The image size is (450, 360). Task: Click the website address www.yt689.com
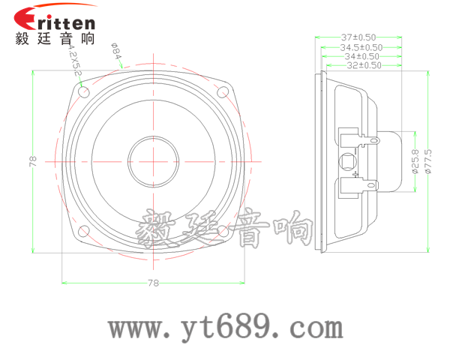(225, 328)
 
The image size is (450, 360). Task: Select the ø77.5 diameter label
(427, 161)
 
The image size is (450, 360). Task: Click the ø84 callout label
(116, 54)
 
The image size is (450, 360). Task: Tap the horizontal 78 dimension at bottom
(153, 283)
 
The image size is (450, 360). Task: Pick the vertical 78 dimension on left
(32, 161)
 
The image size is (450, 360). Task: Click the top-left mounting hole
(83, 92)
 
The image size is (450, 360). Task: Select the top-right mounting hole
(223, 92)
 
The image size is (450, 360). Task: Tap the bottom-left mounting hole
(83, 230)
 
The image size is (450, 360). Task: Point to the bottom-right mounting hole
(223, 230)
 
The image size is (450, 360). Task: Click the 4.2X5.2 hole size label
(73, 62)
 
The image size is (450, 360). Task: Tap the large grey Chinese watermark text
(225, 229)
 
